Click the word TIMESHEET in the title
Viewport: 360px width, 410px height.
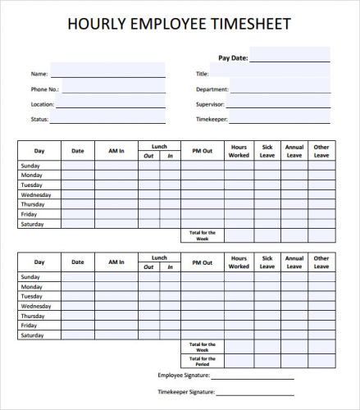pos(253,25)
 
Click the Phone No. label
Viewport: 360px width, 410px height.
pos(45,89)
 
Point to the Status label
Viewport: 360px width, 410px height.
pos(40,119)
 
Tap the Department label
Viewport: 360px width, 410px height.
pos(212,89)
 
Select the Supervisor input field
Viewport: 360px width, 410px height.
pos(280,103)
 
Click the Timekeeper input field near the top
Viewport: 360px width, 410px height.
pos(280,119)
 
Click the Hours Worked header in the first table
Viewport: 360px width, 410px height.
pos(239,151)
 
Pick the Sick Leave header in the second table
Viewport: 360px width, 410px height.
pos(267,262)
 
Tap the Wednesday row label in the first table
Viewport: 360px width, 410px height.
pos(36,195)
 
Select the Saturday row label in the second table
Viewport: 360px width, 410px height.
pos(32,335)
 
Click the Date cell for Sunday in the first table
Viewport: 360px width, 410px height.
pos(78,166)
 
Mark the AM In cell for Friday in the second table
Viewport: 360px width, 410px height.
pos(116,326)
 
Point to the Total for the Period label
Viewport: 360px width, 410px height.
pos(202,362)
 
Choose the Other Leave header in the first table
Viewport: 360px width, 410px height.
pos(321,151)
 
